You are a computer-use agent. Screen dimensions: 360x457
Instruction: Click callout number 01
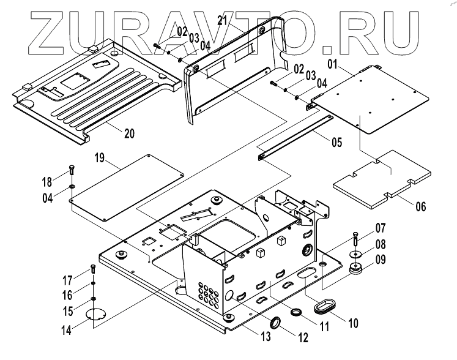tap(333, 63)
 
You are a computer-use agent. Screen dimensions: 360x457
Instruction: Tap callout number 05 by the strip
tap(336, 144)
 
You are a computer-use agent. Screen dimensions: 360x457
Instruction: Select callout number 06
tap(420, 206)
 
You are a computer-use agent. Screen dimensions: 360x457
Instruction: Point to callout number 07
tap(380, 228)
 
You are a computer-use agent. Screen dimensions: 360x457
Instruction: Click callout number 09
tap(380, 259)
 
